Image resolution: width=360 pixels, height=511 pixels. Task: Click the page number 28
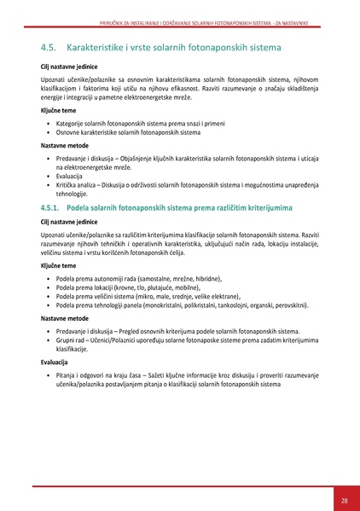343,500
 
